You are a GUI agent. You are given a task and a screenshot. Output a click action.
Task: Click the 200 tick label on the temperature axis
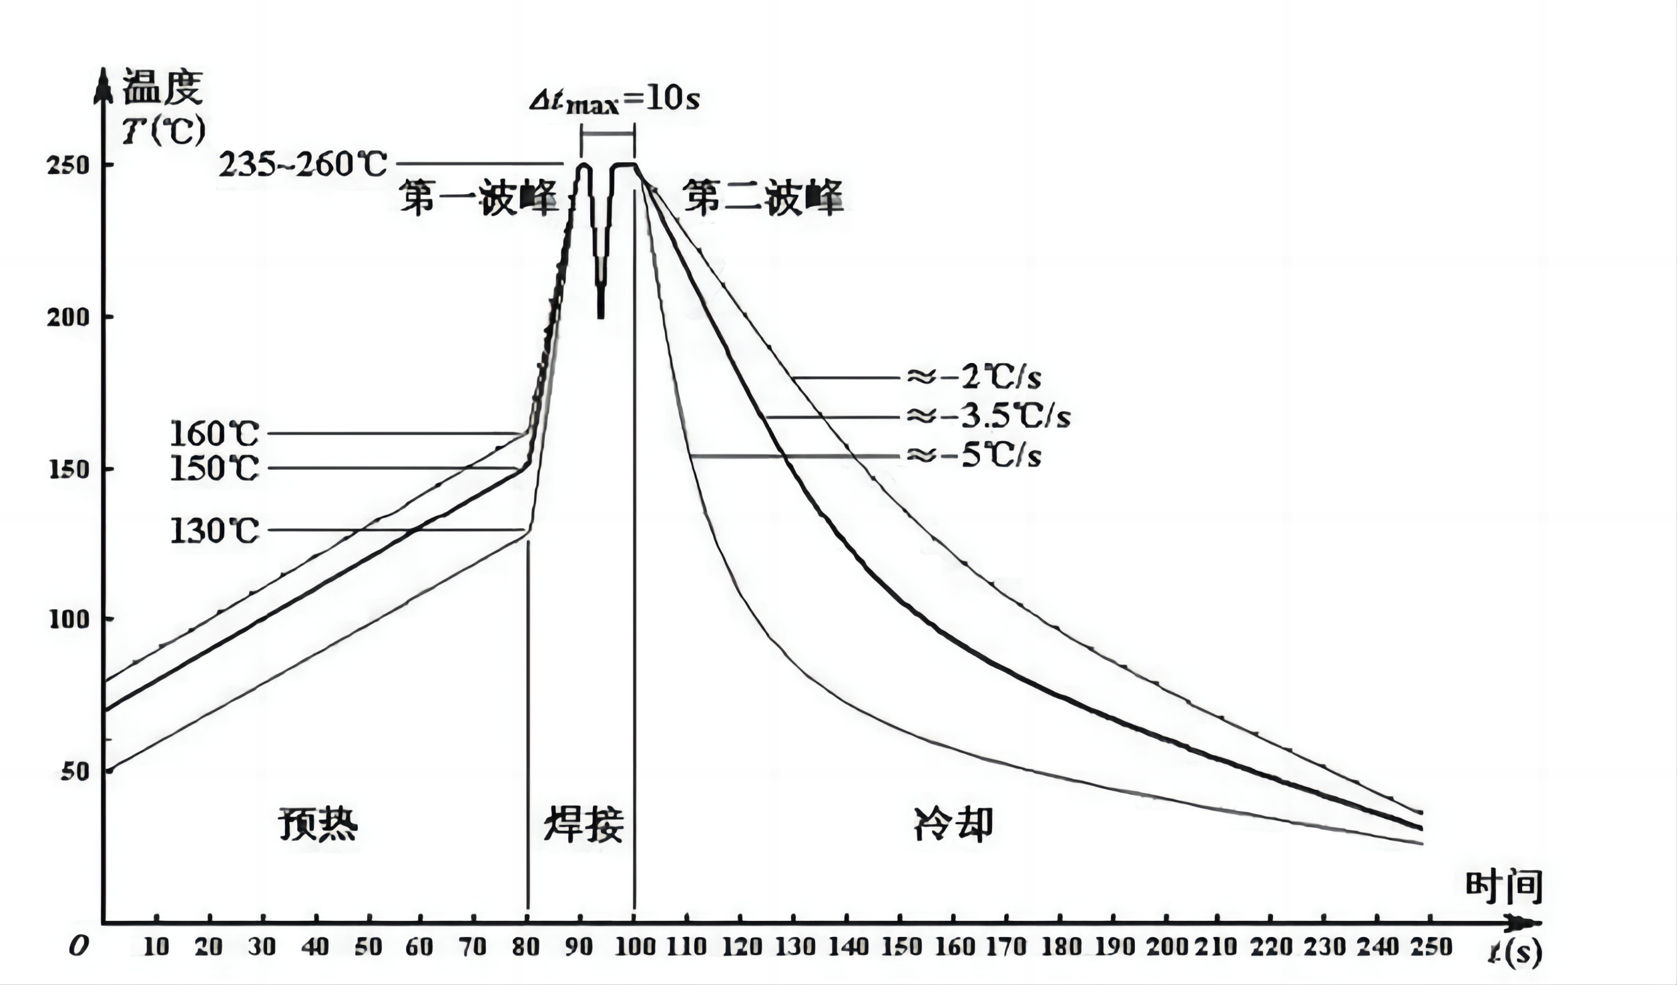tap(67, 317)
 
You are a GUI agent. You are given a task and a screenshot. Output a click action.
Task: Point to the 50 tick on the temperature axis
tap(74, 771)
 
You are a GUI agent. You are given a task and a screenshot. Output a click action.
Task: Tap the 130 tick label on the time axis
tap(794, 946)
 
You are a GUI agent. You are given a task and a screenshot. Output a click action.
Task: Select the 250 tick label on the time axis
tap(1432, 946)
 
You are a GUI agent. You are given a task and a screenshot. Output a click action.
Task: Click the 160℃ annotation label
tap(214, 434)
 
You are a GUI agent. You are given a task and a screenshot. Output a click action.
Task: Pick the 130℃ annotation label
tap(214, 531)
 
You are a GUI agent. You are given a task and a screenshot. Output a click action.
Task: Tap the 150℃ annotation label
tap(214, 468)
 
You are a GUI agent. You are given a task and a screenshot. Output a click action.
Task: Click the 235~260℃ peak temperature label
tap(302, 164)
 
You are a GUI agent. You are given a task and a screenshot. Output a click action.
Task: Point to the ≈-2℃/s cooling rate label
tap(973, 378)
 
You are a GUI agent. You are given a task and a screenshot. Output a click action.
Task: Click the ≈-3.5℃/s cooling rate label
tap(988, 417)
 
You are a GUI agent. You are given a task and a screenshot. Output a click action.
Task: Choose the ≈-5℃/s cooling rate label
tap(973, 456)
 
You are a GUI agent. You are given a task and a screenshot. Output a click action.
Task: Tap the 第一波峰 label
tap(479, 198)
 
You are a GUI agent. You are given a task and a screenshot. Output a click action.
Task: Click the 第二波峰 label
tap(763, 198)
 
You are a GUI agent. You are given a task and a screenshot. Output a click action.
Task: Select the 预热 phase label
tap(318, 824)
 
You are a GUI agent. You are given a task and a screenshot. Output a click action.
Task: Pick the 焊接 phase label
tap(583, 824)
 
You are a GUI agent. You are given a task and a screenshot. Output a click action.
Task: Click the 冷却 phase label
tap(953, 824)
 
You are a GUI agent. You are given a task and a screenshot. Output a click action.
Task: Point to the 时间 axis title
tap(1503, 888)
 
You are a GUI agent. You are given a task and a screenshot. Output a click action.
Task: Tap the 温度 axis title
tap(162, 87)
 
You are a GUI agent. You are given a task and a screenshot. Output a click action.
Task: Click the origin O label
tap(79, 946)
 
